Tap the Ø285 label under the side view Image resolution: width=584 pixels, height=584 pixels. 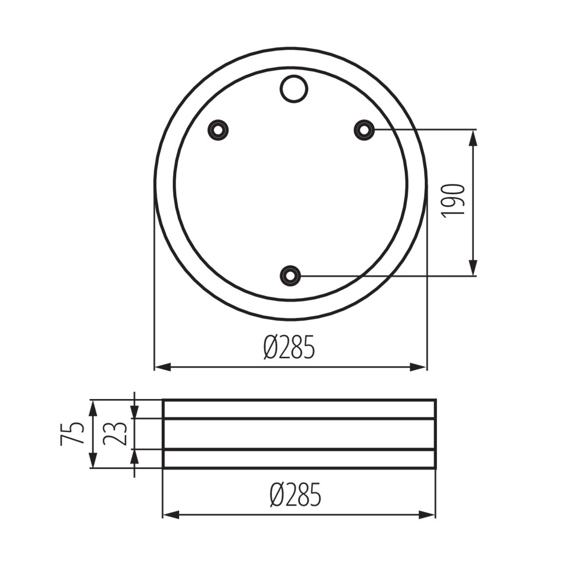coord(295,495)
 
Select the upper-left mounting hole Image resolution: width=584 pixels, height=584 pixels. coord(219,130)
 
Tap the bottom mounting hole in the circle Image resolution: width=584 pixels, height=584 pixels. coord(291,275)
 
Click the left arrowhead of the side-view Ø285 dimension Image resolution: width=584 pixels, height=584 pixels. coord(171,514)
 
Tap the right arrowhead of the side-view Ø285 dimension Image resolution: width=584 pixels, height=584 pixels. coord(427,514)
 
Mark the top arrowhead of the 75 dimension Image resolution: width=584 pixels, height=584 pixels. coord(92,407)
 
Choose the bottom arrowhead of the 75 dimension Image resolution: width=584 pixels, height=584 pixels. coord(92,460)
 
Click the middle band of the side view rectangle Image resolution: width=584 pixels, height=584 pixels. coord(299,434)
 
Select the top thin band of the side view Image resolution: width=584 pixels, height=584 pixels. coord(299,409)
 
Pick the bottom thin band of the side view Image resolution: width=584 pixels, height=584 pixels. coord(299,458)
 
